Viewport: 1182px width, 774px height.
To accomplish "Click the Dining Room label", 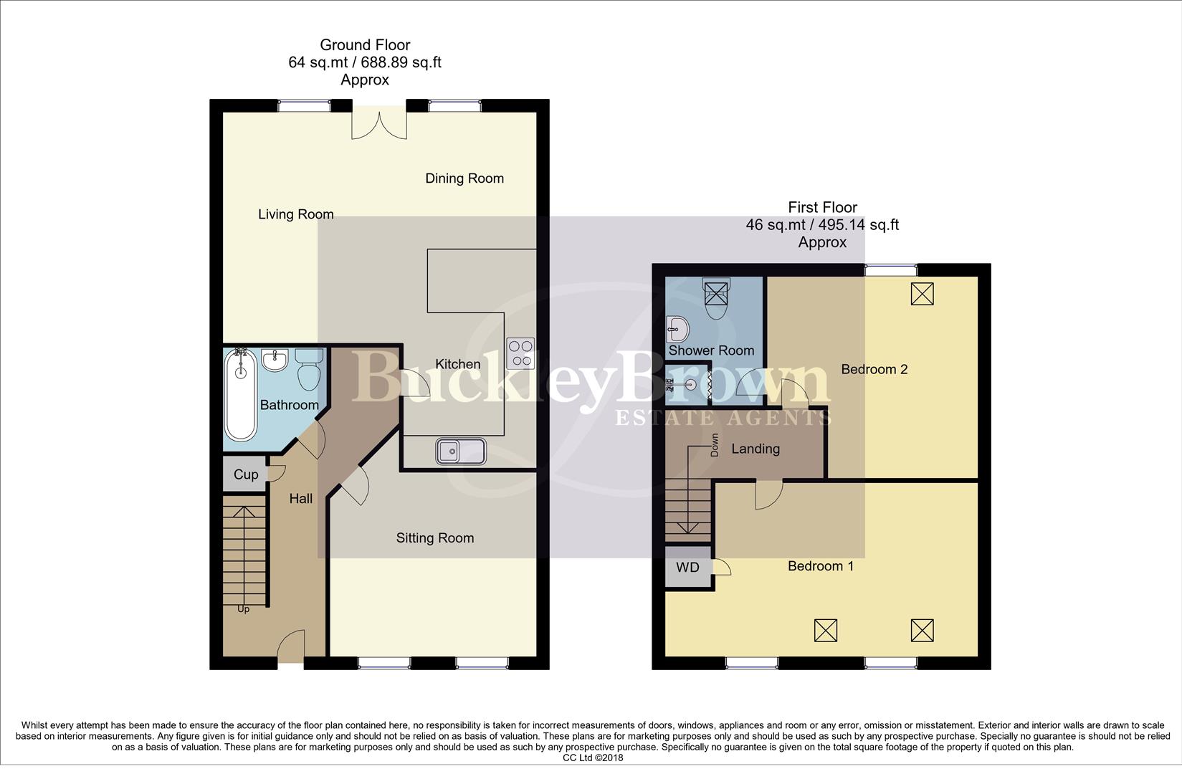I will [464, 178].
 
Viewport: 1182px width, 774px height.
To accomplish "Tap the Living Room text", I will [296, 214].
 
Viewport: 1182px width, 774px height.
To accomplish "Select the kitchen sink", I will [461, 451].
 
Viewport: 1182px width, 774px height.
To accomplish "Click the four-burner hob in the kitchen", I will [520, 353].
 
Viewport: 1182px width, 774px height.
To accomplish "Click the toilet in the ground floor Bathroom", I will [310, 368].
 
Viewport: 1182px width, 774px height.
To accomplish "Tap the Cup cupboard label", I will [246, 474].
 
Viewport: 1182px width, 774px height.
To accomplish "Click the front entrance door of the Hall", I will [290, 646].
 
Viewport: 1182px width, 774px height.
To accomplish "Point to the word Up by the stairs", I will [244, 609].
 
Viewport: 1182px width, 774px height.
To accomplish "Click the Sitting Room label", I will [435, 538].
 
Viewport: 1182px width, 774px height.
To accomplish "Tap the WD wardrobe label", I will [687, 568].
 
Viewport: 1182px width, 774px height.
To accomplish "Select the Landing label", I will [756, 449].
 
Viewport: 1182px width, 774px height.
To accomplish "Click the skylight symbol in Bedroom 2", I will [922, 293].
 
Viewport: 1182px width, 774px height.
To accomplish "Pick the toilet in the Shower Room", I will [716, 299].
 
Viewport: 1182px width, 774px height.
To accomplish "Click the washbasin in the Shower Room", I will [677, 330].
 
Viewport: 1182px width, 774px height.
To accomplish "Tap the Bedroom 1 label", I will [821, 566].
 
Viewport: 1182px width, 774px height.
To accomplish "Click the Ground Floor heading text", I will [365, 45].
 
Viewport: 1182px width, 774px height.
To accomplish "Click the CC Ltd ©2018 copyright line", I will [593, 758].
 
